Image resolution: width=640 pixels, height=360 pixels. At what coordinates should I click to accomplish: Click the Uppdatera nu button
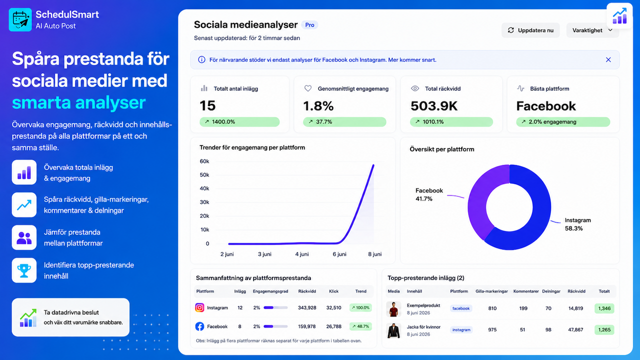[x=530, y=30]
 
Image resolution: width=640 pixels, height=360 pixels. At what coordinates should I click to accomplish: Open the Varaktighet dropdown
[x=592, y=30]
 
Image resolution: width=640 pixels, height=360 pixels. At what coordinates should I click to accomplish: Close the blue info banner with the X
[x=608, y=59]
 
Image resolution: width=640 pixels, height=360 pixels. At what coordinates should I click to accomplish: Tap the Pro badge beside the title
[x=309, y=25]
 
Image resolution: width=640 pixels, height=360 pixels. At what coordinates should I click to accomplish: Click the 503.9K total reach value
[x=434, y=106]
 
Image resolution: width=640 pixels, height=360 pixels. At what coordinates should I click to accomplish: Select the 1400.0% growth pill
[x=239, y=121]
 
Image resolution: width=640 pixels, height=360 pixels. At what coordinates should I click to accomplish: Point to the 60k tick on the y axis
[x=204, y=161]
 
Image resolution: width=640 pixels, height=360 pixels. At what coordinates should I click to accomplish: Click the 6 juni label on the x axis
[x=339, y=254]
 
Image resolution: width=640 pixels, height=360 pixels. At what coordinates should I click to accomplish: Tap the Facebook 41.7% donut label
[x=429, y=194]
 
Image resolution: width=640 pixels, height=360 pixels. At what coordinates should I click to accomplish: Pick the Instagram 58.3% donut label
[x=577, y=224]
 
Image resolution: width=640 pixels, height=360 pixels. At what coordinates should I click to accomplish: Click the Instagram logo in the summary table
[x=199, y=307]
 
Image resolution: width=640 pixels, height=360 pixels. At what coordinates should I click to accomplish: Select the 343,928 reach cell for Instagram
[x=307, y=307]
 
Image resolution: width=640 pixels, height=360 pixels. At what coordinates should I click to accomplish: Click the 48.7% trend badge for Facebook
[x=360, y=326]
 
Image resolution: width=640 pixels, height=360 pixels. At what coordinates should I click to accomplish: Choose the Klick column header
[x=333, y=291]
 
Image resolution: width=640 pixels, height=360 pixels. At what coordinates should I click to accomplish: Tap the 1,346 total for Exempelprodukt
[x=604, y=308]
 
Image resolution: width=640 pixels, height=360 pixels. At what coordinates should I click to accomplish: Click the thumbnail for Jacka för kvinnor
[x=393, y=330]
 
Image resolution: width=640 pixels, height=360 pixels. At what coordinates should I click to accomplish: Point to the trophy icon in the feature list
[x=24, y=270]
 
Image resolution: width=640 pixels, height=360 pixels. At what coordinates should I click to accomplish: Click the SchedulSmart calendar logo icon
[x=20, y=19]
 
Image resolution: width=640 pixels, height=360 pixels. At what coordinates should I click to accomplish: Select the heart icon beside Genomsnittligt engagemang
[x=307, y=88]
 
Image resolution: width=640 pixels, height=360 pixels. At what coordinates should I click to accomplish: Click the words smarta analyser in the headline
[x=78, y=102]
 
